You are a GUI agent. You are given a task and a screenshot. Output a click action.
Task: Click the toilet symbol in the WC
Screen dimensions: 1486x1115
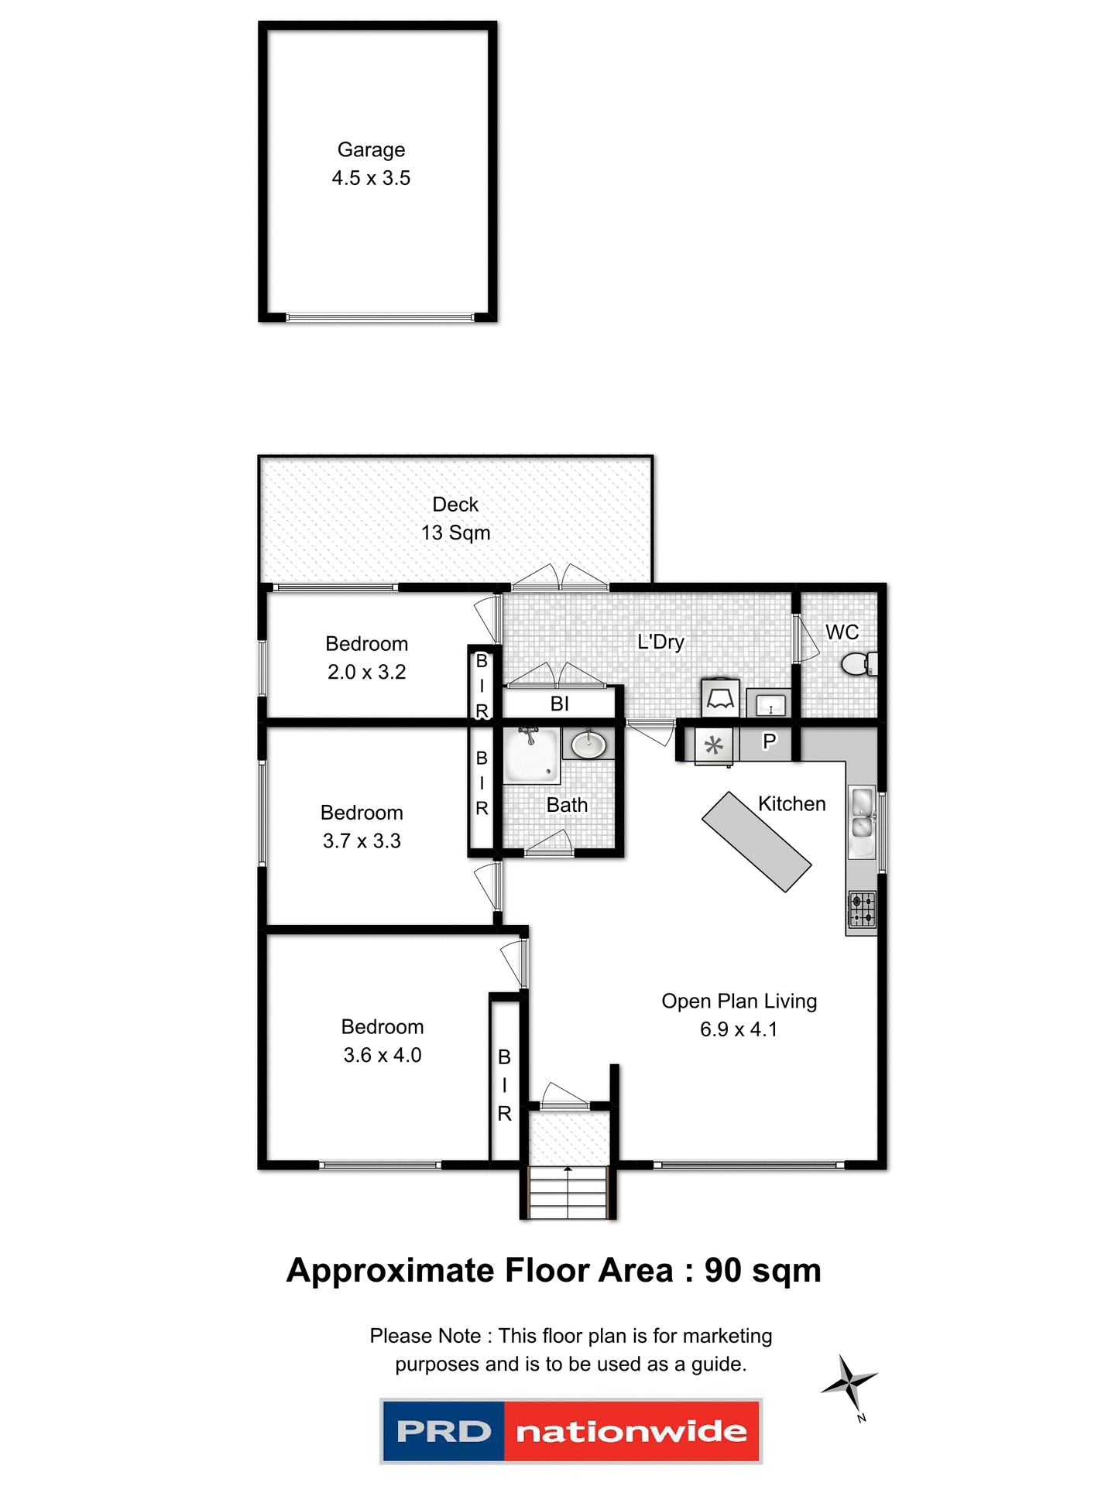click(858, 663)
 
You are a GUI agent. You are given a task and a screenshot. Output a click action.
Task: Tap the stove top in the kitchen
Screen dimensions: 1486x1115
click(862, 909)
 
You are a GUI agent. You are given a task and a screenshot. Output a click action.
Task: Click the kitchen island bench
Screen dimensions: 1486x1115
click(756, 841)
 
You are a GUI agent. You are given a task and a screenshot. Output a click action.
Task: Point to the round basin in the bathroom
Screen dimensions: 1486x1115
click(588, 746)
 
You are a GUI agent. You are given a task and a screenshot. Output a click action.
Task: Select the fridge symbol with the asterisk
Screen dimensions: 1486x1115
click(714, 746)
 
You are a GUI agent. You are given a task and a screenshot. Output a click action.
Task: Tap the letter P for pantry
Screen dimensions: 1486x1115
click(769, 741)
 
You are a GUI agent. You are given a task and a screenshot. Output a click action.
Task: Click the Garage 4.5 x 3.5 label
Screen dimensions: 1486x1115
click(371, 163)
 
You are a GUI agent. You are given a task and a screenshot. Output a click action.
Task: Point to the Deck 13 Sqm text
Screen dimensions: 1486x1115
click(455, 519)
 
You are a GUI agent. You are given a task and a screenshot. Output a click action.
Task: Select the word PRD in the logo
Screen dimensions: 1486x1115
click(444, 1431)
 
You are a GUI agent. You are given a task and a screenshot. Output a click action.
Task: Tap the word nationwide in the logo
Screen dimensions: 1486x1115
click(631, 1431)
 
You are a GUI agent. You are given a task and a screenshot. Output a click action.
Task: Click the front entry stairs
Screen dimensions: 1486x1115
click(568, 1192)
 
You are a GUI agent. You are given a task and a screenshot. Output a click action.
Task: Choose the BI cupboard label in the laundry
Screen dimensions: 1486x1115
click(559, 704)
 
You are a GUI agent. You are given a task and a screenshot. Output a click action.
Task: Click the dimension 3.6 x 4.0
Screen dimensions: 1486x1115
click(383, 1055)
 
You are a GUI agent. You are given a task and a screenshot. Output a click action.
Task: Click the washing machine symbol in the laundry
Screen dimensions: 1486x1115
click(720, 698)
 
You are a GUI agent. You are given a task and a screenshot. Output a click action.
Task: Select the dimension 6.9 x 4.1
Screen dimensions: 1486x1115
click(738, 1029)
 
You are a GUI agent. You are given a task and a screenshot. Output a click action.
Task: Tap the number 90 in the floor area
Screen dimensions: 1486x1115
click(722, 1272)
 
